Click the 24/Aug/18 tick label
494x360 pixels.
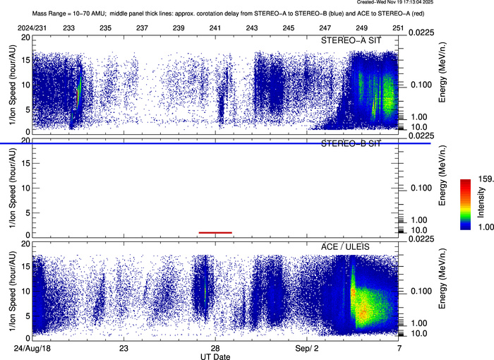[x=32, y=348]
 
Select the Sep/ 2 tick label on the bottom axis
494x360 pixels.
[x=306, y=348]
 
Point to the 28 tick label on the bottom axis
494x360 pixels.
[x=215, y=348]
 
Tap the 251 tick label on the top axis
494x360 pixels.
[x=398, y=28]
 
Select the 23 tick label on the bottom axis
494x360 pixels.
[x=123, y=348]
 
